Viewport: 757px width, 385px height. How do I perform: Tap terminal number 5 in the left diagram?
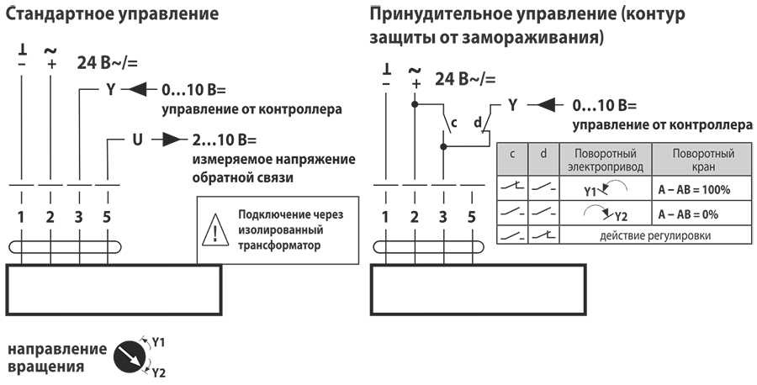106,218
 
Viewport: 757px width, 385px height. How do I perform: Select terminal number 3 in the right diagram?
442,218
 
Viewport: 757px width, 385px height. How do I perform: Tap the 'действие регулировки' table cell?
655,235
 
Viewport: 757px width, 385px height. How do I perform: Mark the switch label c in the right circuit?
453,124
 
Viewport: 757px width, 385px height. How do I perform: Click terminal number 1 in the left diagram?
20,218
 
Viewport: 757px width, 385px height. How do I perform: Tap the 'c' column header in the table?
511,154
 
